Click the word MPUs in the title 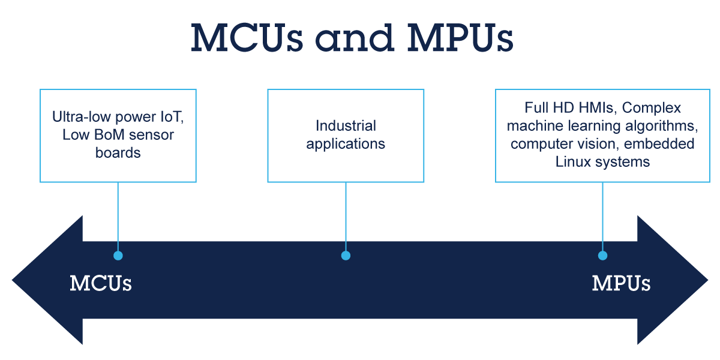460,38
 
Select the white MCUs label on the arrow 101,283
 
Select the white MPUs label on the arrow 621,283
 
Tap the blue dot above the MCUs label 118,256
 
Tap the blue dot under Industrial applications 346,256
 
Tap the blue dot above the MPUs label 602,256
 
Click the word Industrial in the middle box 346,126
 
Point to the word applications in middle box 346,144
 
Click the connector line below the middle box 346,216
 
